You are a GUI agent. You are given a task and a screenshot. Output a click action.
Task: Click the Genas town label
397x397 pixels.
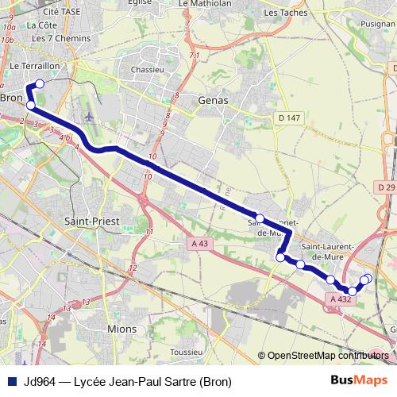point(212,101)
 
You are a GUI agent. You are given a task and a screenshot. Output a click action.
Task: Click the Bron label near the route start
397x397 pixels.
point(11,98)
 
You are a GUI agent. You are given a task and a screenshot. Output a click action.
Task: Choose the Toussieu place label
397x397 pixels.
point(188,350)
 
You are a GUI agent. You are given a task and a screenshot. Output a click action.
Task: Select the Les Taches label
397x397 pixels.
point(281,13)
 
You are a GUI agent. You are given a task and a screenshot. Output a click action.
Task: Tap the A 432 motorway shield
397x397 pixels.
point(339,299)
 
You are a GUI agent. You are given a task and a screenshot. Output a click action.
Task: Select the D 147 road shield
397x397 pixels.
point(291,118)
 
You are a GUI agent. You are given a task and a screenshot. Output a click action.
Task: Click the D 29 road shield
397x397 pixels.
point(386,187)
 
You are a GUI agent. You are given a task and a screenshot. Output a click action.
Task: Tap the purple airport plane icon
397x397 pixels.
point(87,117)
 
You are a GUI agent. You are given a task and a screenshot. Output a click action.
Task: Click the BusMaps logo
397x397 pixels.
point(359,380)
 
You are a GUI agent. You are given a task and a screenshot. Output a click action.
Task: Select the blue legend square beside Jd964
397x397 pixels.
point(11,381)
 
